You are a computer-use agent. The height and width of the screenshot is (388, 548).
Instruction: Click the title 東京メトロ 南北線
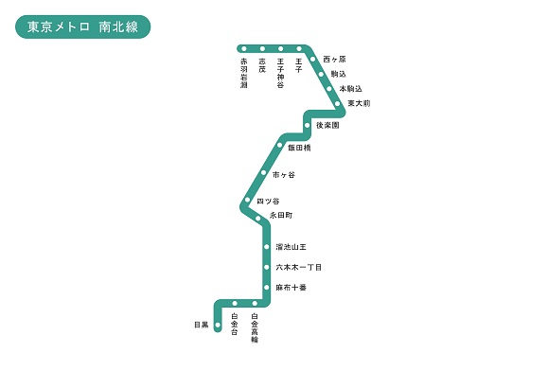83,26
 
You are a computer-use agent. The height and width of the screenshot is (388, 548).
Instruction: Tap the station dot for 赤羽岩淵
244,48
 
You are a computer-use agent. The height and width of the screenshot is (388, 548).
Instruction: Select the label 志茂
262,65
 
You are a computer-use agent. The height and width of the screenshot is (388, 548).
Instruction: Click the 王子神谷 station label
280,73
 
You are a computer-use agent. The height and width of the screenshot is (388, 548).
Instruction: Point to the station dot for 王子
299,48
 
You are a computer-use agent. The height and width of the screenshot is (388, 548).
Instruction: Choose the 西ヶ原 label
334,59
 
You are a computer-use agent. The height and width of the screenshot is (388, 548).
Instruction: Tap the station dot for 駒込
321,74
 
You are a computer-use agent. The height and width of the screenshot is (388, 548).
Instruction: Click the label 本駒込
350,89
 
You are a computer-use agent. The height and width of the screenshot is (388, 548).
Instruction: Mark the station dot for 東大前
337,103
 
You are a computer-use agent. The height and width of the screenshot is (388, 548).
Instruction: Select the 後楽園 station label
327,125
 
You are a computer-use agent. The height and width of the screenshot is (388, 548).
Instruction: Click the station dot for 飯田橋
279,145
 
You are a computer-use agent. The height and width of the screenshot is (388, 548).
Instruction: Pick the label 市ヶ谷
283,174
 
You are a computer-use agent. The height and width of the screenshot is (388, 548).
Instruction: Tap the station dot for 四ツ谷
247,200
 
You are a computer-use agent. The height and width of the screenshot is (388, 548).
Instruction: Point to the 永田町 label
281,215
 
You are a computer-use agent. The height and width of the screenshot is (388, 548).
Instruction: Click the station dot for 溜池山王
267,247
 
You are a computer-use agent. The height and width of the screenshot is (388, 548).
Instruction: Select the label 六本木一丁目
299,268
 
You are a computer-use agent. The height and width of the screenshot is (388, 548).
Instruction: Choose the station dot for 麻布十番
267,288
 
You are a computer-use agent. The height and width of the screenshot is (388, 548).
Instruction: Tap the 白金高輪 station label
255,327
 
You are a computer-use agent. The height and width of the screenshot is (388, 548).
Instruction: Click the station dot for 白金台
235,303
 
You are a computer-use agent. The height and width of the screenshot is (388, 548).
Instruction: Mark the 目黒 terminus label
202,325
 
